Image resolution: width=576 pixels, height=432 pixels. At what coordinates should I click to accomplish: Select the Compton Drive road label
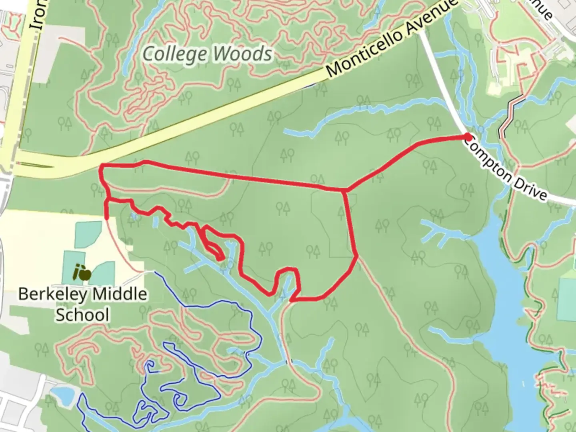[x=506, y=168]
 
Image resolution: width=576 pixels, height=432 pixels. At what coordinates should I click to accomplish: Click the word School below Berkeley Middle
[x=82, y=314]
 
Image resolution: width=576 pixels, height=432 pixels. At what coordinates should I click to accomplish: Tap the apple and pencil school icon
[x=82, y=273]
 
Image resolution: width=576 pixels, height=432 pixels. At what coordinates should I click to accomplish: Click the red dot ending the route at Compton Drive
[x=468, y=138]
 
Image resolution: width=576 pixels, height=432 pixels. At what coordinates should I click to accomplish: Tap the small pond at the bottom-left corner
[x=63, y=395]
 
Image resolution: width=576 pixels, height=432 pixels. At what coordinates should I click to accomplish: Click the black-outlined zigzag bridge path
[x=512, y=116]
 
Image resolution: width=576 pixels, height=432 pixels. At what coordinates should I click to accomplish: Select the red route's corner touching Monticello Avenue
[x=102, y=166]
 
